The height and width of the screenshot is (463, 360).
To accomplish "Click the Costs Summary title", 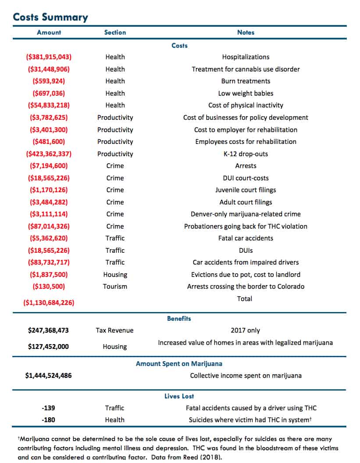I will click(50, 17).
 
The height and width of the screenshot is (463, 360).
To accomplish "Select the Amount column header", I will click(49, 32).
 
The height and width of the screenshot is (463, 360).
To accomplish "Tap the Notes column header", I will click(246, 32).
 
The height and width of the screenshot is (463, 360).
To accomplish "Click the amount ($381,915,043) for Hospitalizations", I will click(49, 57).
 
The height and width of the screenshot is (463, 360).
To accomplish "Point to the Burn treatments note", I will click(246, 81).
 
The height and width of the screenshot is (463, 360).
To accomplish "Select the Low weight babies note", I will click(246, 93).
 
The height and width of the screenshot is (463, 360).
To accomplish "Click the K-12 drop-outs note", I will click(246, 154).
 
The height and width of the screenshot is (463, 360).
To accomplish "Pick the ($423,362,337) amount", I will click(49, 154).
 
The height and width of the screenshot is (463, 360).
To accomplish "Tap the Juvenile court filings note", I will click(246, 190).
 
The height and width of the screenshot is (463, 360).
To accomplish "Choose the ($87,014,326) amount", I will click(49, 226).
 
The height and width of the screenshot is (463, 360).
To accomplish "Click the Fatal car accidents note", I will click(246, 238).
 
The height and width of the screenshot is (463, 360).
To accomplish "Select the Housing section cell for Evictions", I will click(115, 275).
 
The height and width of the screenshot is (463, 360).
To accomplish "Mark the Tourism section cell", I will click(115, 287).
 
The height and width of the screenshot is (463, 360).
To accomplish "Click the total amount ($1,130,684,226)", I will click(49, 303).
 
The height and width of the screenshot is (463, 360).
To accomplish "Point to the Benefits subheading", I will click(179, 319).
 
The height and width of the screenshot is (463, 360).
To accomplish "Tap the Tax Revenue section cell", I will click(114, 330).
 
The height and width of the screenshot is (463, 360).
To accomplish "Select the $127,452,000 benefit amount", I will click(48, 346).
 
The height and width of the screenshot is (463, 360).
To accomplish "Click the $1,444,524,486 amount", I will click(48, 376).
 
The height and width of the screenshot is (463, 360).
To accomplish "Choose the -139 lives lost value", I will click(48, 408).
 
